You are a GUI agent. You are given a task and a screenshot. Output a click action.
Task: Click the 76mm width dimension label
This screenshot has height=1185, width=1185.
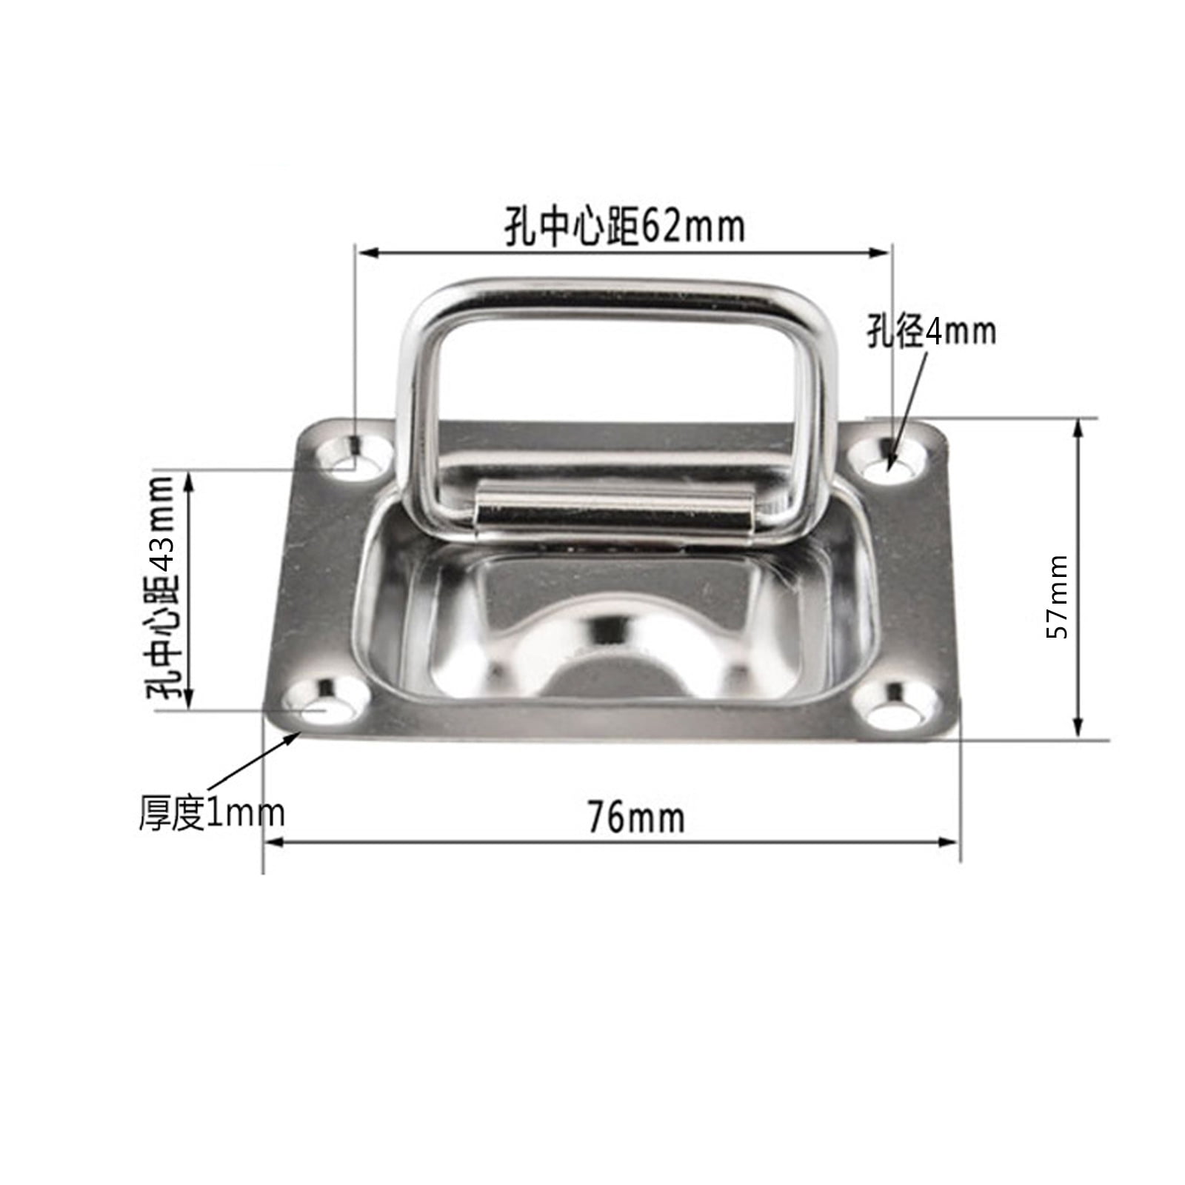636,818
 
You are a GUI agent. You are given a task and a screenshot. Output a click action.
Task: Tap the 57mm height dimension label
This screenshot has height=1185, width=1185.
1057,596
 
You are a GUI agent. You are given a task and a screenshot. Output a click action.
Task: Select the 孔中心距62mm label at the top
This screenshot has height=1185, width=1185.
624,227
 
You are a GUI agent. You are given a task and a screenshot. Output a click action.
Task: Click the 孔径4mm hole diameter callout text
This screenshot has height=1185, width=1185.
931,331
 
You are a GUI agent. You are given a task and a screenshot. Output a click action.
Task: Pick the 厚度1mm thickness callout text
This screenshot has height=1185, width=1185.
212,813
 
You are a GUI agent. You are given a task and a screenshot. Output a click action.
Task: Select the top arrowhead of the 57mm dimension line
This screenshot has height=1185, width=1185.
1078,427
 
